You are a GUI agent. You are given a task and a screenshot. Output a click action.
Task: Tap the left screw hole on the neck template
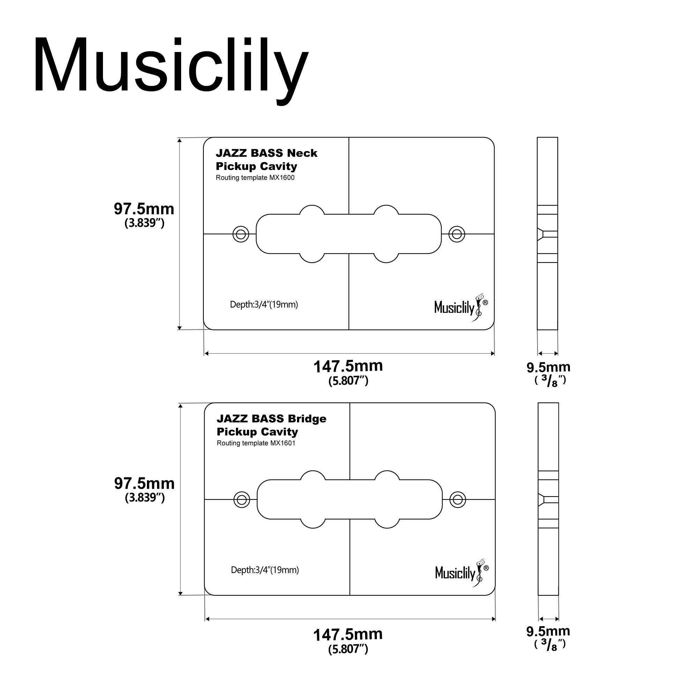point(241,234)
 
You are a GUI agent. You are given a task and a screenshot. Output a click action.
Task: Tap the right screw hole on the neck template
point(456,234)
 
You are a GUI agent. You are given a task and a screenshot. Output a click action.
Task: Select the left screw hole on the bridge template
point(242,500)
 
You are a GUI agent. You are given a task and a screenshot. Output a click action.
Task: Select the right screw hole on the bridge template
point(458,500)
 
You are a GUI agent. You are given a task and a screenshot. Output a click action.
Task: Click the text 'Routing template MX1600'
point(255,178)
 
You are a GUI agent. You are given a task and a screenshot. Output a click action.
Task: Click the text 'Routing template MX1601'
point(256,443)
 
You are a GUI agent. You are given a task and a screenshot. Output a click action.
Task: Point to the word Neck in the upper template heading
point(302,153)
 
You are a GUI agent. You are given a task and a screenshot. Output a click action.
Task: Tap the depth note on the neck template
point(264,305)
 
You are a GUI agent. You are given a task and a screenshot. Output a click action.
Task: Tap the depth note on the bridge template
point(265,570)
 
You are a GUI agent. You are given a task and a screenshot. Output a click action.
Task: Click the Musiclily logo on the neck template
point(461,307)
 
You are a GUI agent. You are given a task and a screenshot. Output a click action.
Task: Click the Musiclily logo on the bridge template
point(462,573)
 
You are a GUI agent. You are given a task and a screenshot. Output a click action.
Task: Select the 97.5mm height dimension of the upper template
point(144,209)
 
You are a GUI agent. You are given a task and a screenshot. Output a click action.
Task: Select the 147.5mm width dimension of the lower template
point(348,635)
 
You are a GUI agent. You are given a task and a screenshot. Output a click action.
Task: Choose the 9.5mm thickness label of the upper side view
point(548,368)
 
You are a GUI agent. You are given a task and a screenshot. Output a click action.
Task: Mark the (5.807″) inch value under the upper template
point(348,381)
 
